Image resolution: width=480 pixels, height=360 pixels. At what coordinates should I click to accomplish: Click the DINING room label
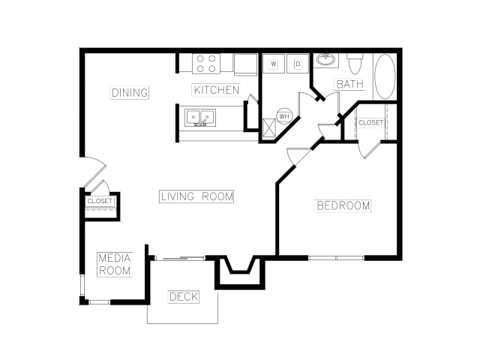pos(130,92)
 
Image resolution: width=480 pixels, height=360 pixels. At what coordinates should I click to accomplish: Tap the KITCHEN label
pos(217,90)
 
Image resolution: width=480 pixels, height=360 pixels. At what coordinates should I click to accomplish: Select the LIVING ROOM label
pos(196,196)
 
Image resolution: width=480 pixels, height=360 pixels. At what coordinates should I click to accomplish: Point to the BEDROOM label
pos(343,205)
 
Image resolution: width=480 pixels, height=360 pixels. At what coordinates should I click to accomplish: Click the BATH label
pos(350,84)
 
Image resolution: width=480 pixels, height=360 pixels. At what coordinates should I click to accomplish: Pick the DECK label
pos(184,297)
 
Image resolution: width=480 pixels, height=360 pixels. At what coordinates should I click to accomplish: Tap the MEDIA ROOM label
pos(115,265)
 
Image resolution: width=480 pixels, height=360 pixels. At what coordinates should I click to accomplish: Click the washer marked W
pos(274,64)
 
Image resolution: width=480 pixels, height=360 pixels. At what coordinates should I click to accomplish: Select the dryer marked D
pos(298,64)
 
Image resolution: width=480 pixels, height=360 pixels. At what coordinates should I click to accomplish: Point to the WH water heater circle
pos(284,116)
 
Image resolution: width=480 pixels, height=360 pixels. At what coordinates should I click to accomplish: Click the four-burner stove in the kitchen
pos(206,64)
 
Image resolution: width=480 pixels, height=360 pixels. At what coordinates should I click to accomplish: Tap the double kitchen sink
pos(200,117)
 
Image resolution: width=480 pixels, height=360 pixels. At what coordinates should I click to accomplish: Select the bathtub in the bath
pos(385,76)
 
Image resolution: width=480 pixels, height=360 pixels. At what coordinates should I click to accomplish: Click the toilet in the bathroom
pos(355,63)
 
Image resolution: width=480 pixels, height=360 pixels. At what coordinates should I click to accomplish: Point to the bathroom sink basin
pos(325,59)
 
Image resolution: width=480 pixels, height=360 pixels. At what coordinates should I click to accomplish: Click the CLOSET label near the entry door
pos(100,201)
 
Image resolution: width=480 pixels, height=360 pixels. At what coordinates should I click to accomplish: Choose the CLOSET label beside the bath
pos(370,122)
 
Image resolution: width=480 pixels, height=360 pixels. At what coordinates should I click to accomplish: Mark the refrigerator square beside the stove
pos(245,64)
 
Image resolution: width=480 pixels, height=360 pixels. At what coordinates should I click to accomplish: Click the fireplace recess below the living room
pos(240,271)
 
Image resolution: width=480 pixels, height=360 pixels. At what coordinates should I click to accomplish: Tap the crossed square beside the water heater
pos(269,127)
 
